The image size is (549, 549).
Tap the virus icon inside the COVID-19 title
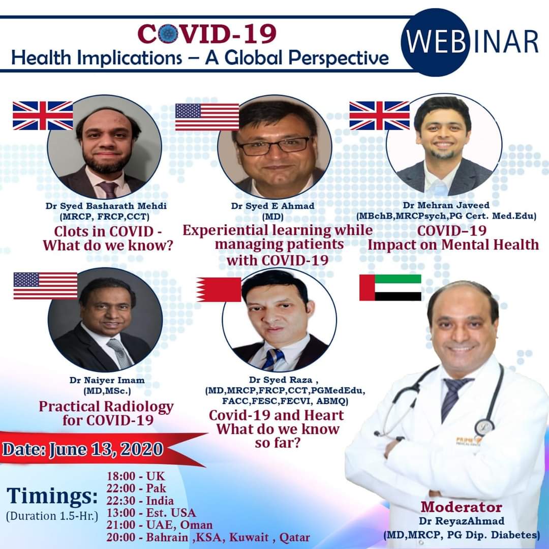[x=168, y=34]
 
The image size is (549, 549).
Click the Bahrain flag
[x=219, y=290]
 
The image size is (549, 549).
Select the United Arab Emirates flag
[x=390, y=287]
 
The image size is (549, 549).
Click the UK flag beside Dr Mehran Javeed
[x=379, y=115]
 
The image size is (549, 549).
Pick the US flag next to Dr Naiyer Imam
[x=46, y=286]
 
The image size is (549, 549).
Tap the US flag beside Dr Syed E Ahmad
[x=207, y=117]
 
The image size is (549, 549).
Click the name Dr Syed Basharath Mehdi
[x=106, y=205]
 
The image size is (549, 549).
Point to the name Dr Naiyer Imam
[x=107, y=380]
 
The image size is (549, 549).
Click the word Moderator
[x=461, y=507]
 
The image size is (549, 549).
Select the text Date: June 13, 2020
[x=83, y=449]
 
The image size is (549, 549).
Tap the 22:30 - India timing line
[x=140, y=500]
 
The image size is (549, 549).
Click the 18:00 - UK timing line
[x=136, y=476]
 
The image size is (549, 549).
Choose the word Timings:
[x=52, y=497]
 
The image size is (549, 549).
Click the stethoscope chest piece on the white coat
[x=484, y=427]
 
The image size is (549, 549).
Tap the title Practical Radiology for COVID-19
[x=106, y=413]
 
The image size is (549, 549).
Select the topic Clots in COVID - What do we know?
[x=108, y=238]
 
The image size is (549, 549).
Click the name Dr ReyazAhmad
[x=462, y=521]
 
